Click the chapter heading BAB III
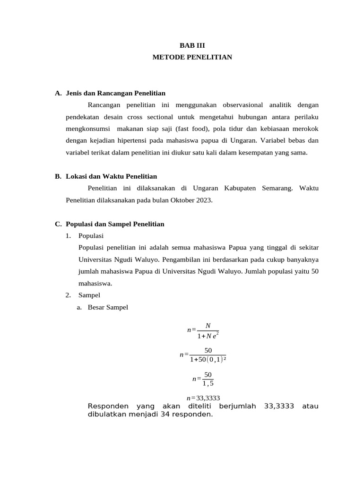[x=192, y=46]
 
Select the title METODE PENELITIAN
[x=192, y=57]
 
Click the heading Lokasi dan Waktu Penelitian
[x=111, y=176]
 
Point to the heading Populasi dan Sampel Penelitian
[x=115, y=224]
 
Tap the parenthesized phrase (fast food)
[x=191, y=129]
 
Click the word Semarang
[x=277, y=188]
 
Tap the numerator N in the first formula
[x=208, y=326]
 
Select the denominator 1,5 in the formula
[x=208, y=383]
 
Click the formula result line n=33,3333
[x=203, y=398]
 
